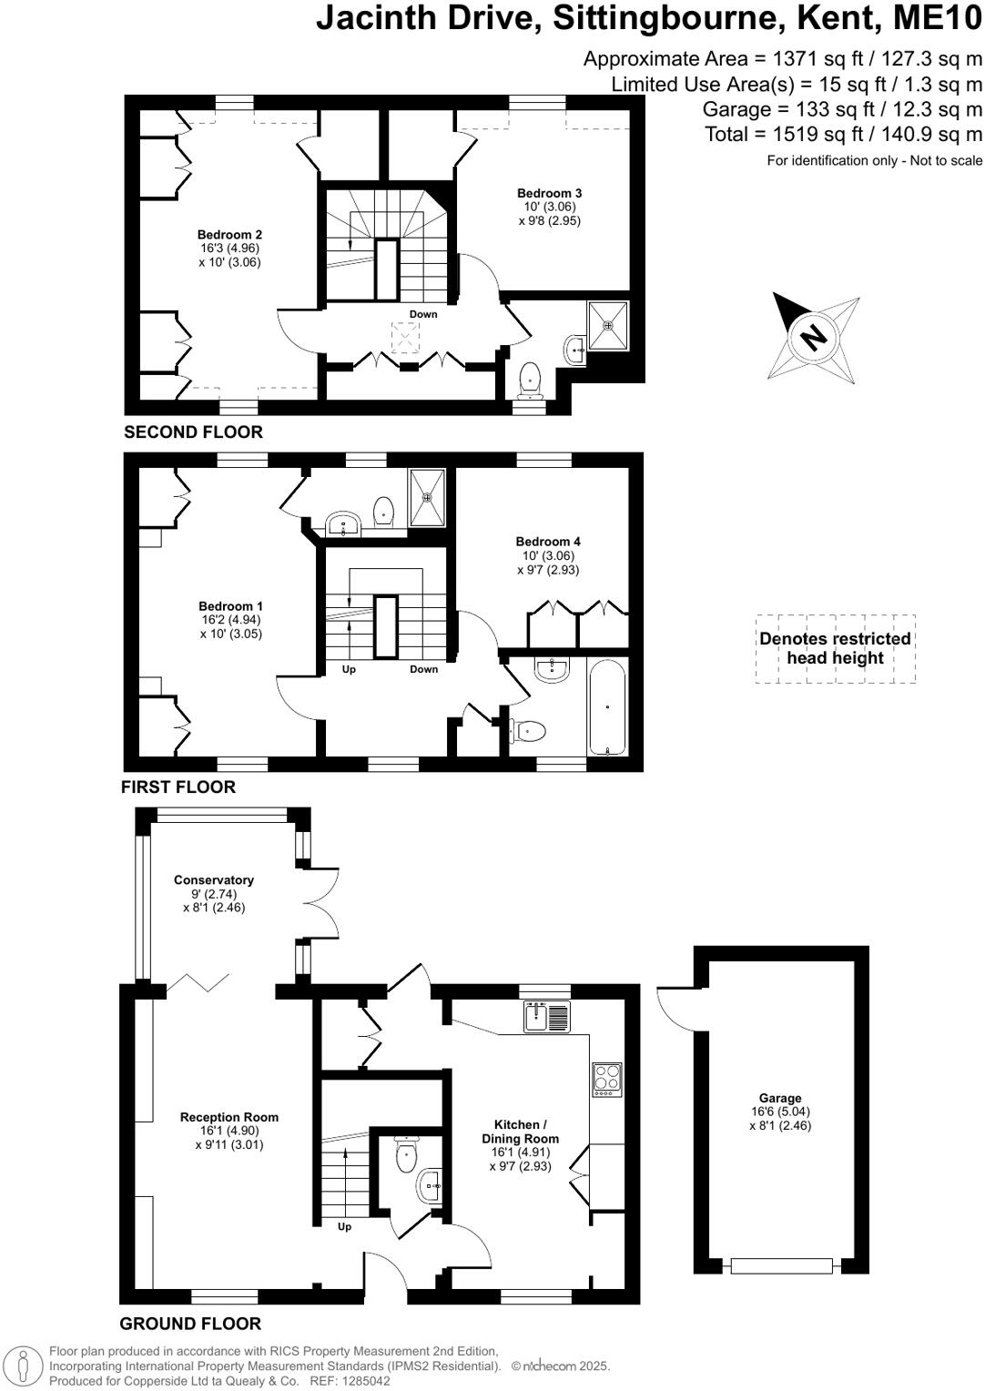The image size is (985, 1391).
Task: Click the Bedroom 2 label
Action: pos(229,235)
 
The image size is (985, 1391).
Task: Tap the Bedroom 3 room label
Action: pos(549,193)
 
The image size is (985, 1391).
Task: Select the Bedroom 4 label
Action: pos(548,542)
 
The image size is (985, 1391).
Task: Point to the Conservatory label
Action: pos(214,880)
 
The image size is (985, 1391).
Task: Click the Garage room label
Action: pos(780,1099)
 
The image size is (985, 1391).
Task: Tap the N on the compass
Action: pos(812,337)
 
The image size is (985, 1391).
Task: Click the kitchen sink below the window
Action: pos(546,1016)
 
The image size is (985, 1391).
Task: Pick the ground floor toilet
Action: pos(407,1156)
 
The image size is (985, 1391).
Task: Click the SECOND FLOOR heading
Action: pos(193,432)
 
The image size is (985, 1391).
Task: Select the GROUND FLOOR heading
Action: pos(190,1324)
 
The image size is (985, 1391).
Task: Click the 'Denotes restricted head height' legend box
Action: pos(835,648)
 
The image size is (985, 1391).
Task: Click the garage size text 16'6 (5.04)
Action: pos(780,1112)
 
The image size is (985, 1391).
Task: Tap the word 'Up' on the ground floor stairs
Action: pos(344,1226)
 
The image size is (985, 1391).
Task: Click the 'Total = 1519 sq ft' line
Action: pos(843,135)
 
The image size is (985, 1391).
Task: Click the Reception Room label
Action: pos(229,1117)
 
